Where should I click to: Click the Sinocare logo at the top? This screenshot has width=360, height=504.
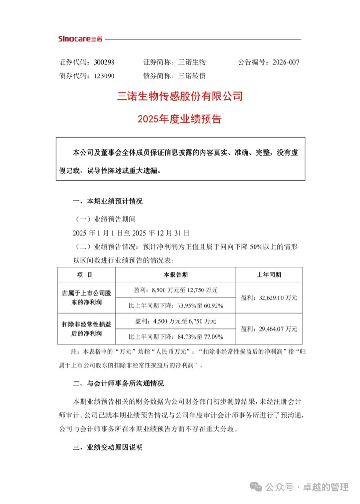80,38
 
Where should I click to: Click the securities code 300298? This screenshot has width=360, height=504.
104,62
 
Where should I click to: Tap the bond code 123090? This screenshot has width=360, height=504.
104,75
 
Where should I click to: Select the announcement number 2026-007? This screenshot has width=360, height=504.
285,62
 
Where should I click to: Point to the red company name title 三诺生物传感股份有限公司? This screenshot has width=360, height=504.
180,97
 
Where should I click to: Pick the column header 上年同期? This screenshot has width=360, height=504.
269,274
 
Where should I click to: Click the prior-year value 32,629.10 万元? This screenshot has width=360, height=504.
269,297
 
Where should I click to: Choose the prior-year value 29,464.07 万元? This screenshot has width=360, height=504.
269,329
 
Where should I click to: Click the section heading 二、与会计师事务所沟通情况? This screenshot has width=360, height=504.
119,384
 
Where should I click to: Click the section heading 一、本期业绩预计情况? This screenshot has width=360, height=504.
107,201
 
